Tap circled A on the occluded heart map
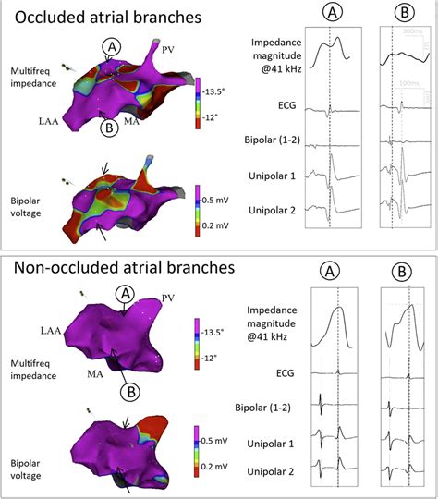[x=112, y=46]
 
